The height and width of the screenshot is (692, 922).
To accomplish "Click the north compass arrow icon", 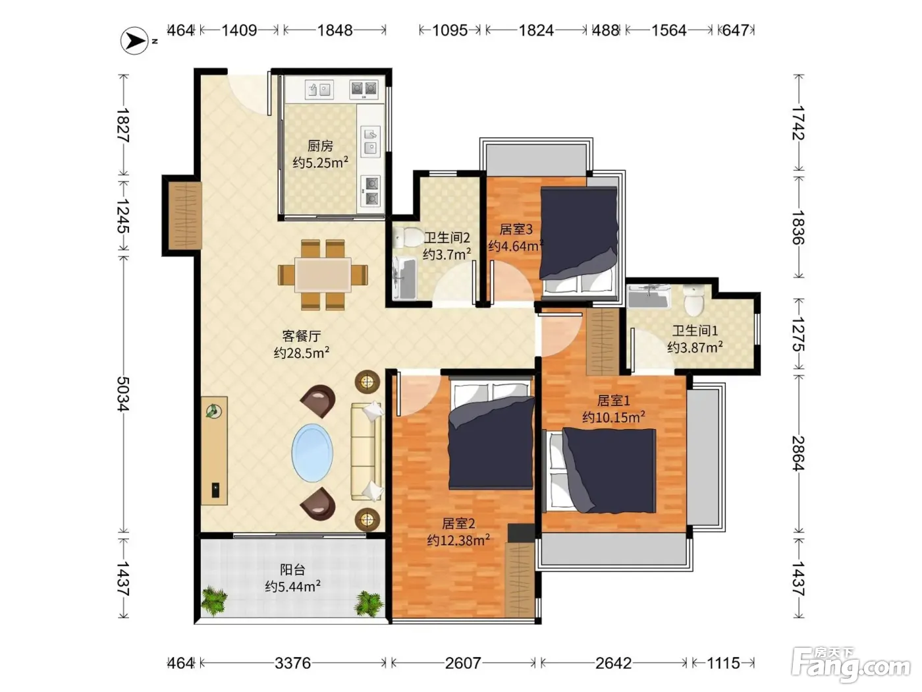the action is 134,41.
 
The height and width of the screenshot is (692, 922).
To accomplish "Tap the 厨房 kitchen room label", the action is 320,146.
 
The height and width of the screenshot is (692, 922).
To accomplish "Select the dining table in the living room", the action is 323,275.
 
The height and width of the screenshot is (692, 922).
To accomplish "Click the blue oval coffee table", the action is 312,453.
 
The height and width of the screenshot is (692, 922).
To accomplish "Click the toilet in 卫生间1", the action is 693,301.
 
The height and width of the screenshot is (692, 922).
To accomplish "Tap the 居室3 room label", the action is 516,229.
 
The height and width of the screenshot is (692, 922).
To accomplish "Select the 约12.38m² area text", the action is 458,540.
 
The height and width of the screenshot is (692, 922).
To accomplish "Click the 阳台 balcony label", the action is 292,569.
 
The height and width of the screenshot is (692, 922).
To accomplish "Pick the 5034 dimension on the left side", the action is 123,393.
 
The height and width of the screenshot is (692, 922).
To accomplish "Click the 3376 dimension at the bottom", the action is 293,663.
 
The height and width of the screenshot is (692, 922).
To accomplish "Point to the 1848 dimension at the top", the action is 335,30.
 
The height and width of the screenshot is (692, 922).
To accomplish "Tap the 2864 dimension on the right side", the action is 798,453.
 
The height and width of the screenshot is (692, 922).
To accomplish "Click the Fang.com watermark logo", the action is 851,665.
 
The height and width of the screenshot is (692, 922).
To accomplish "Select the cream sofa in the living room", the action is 366,451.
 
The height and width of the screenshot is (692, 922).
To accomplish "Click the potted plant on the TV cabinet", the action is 214,411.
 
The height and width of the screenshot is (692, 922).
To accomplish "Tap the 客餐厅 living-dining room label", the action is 301,335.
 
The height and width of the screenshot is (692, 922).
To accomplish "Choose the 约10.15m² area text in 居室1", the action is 613,417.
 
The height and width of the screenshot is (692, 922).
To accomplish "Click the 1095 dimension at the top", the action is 450,30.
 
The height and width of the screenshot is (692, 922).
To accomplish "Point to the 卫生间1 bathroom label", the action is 695,331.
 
